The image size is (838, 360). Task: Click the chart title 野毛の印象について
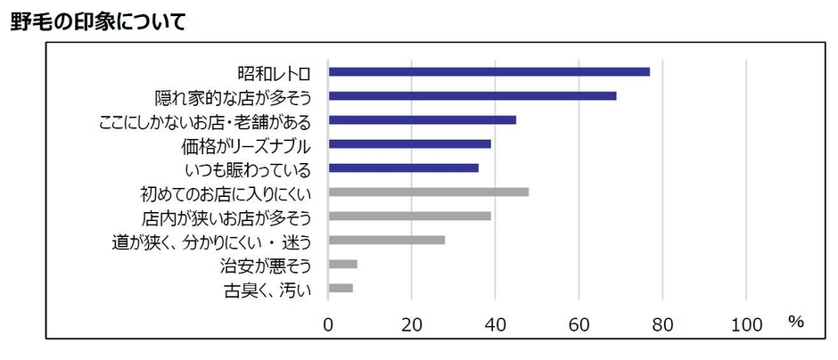point(98,21)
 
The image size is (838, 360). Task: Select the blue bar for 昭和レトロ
point(489,72)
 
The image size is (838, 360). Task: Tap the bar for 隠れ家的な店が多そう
point(472,96)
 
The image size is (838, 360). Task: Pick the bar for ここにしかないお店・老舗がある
point(422,120)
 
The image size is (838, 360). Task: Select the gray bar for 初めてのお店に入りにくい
point(428,192)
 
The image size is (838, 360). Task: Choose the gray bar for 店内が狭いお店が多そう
point(409,216)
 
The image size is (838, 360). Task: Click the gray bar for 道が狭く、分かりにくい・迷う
point(386,240)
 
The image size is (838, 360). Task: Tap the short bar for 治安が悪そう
point(342,264)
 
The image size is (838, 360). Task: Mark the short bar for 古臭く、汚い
point(341,288)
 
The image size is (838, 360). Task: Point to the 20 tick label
point(412,324)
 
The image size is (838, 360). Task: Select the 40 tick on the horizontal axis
point(496,324)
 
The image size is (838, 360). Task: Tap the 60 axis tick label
point(579,324)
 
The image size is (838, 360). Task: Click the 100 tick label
point(746,324)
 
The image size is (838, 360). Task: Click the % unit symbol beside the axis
point(795,322)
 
